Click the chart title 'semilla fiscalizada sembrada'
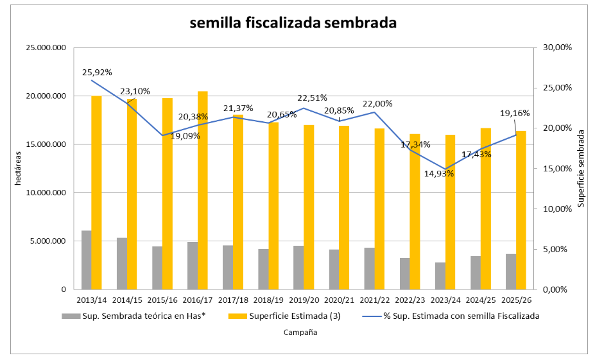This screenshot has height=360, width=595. click(293, 22)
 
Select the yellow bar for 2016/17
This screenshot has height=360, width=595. click(203, 191)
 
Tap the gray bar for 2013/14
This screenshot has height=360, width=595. click(87, 260)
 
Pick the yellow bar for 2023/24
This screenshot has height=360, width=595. click(450, 212)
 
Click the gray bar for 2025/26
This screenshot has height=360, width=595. click(511, 271)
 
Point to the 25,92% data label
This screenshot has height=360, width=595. click(97, 73)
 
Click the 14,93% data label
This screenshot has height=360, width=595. click(439, 174)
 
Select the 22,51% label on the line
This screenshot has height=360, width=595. click(312, 98)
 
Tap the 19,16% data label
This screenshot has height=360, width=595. click(515, 113)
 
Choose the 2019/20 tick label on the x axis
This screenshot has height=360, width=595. click(304, 300)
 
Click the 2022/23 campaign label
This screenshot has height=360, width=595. click(410, 300)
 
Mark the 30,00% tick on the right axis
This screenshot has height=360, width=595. click(557, 47)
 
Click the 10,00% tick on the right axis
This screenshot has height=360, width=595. click(557, 209)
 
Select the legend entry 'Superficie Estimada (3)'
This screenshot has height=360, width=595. click(284, 316)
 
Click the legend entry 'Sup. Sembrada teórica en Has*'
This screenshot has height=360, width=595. click(134, 316)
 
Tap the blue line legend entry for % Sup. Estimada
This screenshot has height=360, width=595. click(451, 316)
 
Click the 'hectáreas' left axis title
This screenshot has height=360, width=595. click(18, 168)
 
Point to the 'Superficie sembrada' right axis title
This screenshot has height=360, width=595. click(581, 168)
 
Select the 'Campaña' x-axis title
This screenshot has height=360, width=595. click(300, 332)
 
